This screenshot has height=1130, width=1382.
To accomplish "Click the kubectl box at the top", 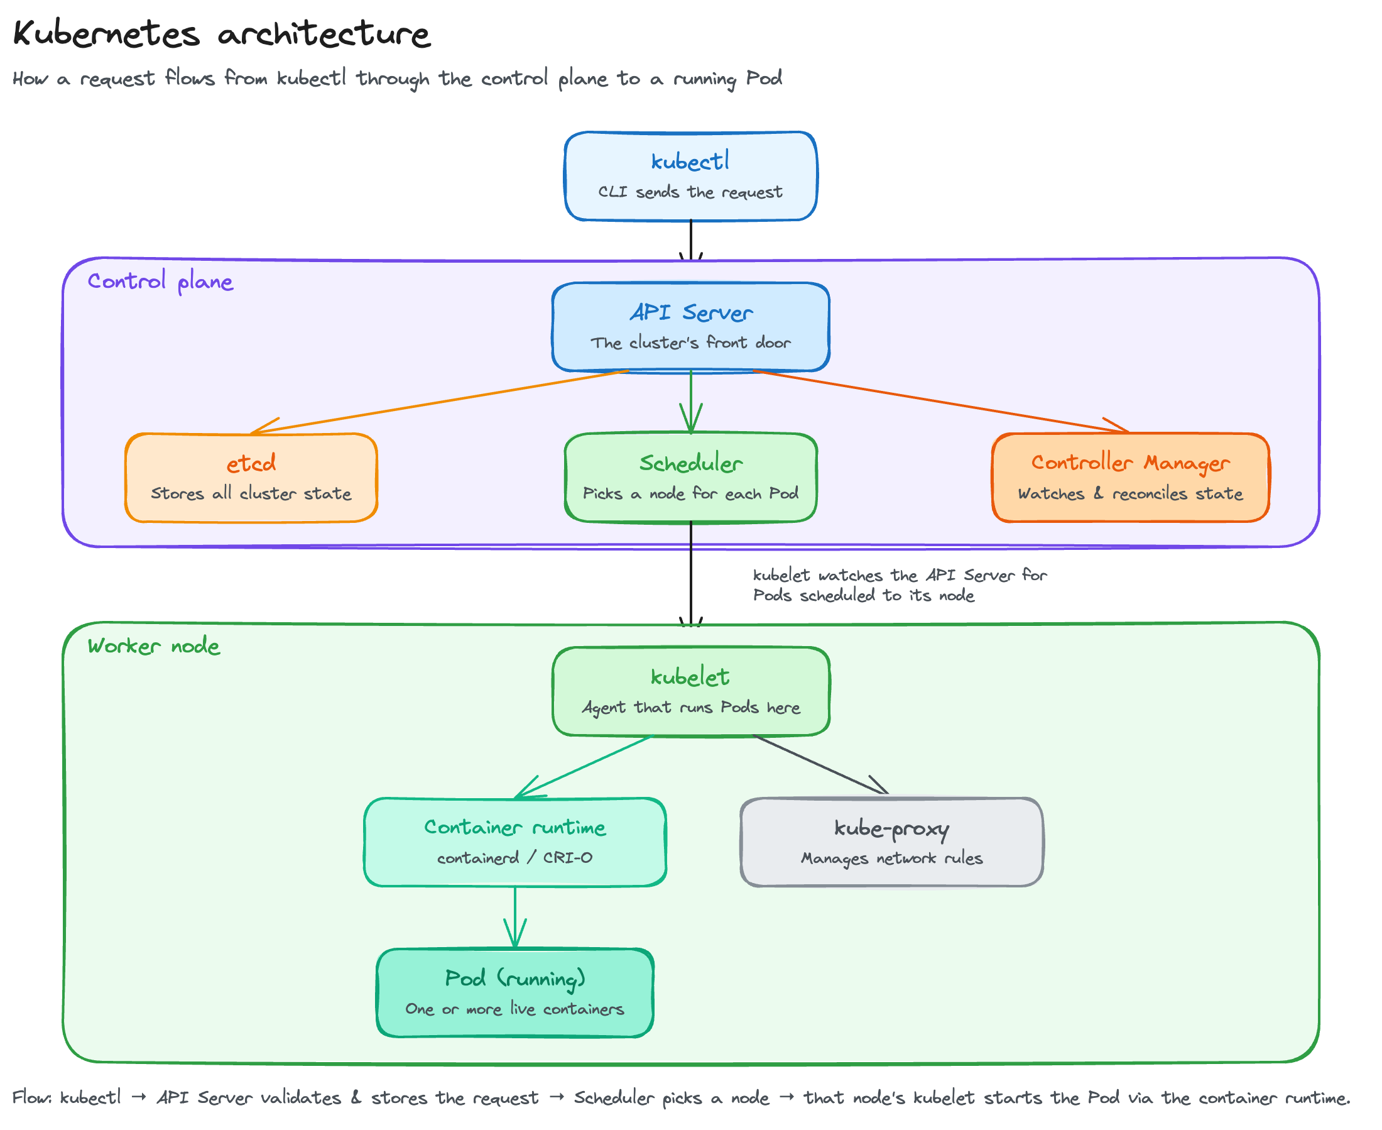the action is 690,176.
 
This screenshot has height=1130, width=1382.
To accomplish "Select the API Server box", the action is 690,327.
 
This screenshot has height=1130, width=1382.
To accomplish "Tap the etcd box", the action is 251,477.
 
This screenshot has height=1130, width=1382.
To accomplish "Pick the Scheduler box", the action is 690,477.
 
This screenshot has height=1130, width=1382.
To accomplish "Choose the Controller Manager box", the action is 1130,477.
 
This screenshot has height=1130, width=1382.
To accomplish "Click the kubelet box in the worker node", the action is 690,691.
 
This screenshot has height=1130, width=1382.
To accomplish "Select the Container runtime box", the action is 514,842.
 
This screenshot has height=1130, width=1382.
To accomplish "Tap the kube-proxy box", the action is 891,842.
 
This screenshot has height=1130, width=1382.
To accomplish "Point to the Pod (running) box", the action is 514,992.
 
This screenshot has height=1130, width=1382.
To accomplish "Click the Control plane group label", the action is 160,281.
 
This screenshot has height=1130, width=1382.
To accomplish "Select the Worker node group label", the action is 153,645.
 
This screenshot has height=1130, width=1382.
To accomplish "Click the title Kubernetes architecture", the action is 221,33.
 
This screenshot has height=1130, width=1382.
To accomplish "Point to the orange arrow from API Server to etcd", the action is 439,402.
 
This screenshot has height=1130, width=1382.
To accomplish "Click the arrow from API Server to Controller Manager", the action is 941,401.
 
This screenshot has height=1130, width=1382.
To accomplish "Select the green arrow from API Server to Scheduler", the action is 690,402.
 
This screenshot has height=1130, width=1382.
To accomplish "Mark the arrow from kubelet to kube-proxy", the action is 820,765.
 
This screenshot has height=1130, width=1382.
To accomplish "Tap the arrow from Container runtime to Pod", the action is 514,917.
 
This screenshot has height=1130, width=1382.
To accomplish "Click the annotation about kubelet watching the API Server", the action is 900,585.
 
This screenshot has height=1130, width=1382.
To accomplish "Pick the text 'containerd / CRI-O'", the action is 514,857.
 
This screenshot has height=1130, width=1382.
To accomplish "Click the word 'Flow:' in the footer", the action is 32,1097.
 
